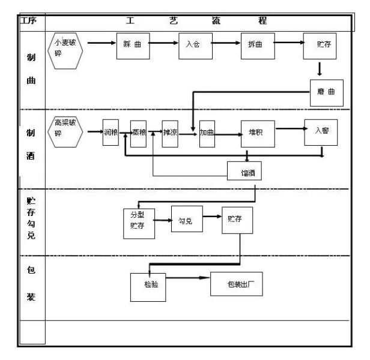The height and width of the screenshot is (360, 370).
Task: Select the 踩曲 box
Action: click(x=133, y=46)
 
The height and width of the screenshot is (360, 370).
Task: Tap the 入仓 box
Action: click(x=195, y=46)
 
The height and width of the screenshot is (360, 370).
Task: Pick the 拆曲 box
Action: click(x=258, y=46)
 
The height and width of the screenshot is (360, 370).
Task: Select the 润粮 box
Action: click(x=111, y=133)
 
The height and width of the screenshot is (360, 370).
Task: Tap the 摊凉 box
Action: click(x=171, y=133)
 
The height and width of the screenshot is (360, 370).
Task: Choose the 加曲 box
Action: click(x=207, y=133)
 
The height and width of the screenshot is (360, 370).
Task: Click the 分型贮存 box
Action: click(x=139, y=223)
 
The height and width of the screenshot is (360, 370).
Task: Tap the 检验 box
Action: click(x=148, y=286)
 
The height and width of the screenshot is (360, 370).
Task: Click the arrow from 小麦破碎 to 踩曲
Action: click(x=101, y=43)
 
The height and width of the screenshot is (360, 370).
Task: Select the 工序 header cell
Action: click(x=29, y=21)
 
